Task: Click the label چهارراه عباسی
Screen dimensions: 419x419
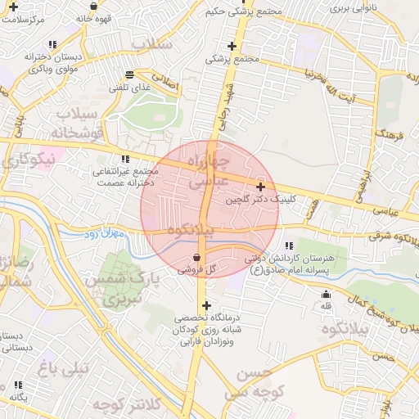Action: pos(209,168)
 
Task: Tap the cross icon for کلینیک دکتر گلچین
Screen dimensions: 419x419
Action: pos(260,187)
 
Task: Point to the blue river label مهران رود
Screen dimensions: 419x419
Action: pos(102,235)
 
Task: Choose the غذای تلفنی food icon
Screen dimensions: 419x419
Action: pos(129,74)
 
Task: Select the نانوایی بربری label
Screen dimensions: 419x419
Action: pos(353,7)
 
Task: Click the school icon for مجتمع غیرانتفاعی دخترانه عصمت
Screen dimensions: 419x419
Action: pos(125,159)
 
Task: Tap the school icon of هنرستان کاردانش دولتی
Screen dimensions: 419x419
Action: pos(288,246)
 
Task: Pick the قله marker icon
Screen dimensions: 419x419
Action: pos(327,295)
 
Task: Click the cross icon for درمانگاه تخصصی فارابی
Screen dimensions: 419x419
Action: pos(205,305)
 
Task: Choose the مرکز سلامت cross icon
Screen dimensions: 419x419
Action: pos(12,6)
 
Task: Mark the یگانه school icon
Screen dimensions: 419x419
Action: pos(18,384)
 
